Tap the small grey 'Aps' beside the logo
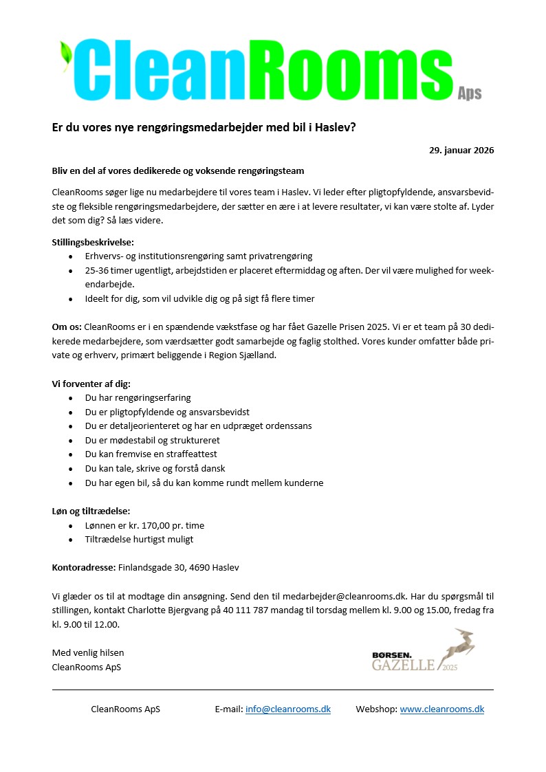coord(470,93)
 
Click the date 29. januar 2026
coord(461,150)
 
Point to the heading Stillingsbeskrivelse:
coord(93,242)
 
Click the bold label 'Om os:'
coord(67,327)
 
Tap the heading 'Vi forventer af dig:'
coord(91,383)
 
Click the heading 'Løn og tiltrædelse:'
coord(91,511)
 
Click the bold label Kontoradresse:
coord(84,568)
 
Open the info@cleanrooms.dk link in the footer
coord(287,709)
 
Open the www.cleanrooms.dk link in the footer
coord(441,709)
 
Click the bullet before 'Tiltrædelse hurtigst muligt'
coord(72,540)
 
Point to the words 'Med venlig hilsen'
coord(88,652)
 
